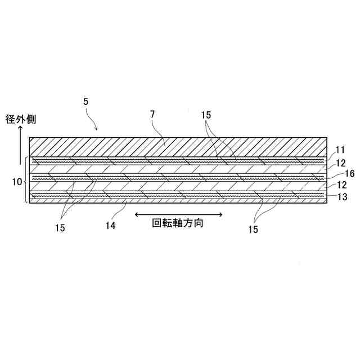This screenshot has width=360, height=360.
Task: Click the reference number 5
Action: (85, 103)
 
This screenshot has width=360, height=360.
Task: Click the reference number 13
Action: (341, 197)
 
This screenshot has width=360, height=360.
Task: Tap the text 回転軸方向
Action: (178, 223)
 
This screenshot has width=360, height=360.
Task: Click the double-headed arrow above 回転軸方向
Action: (179, 214)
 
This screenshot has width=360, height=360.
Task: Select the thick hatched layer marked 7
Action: (178, 146)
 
